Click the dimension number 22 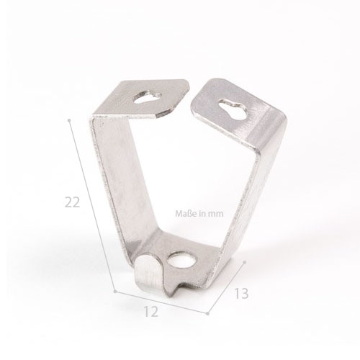[72, 202]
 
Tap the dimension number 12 [151, 312]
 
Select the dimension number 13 [241, 293]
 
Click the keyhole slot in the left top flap [148, 97]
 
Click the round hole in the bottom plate [181, 259]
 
